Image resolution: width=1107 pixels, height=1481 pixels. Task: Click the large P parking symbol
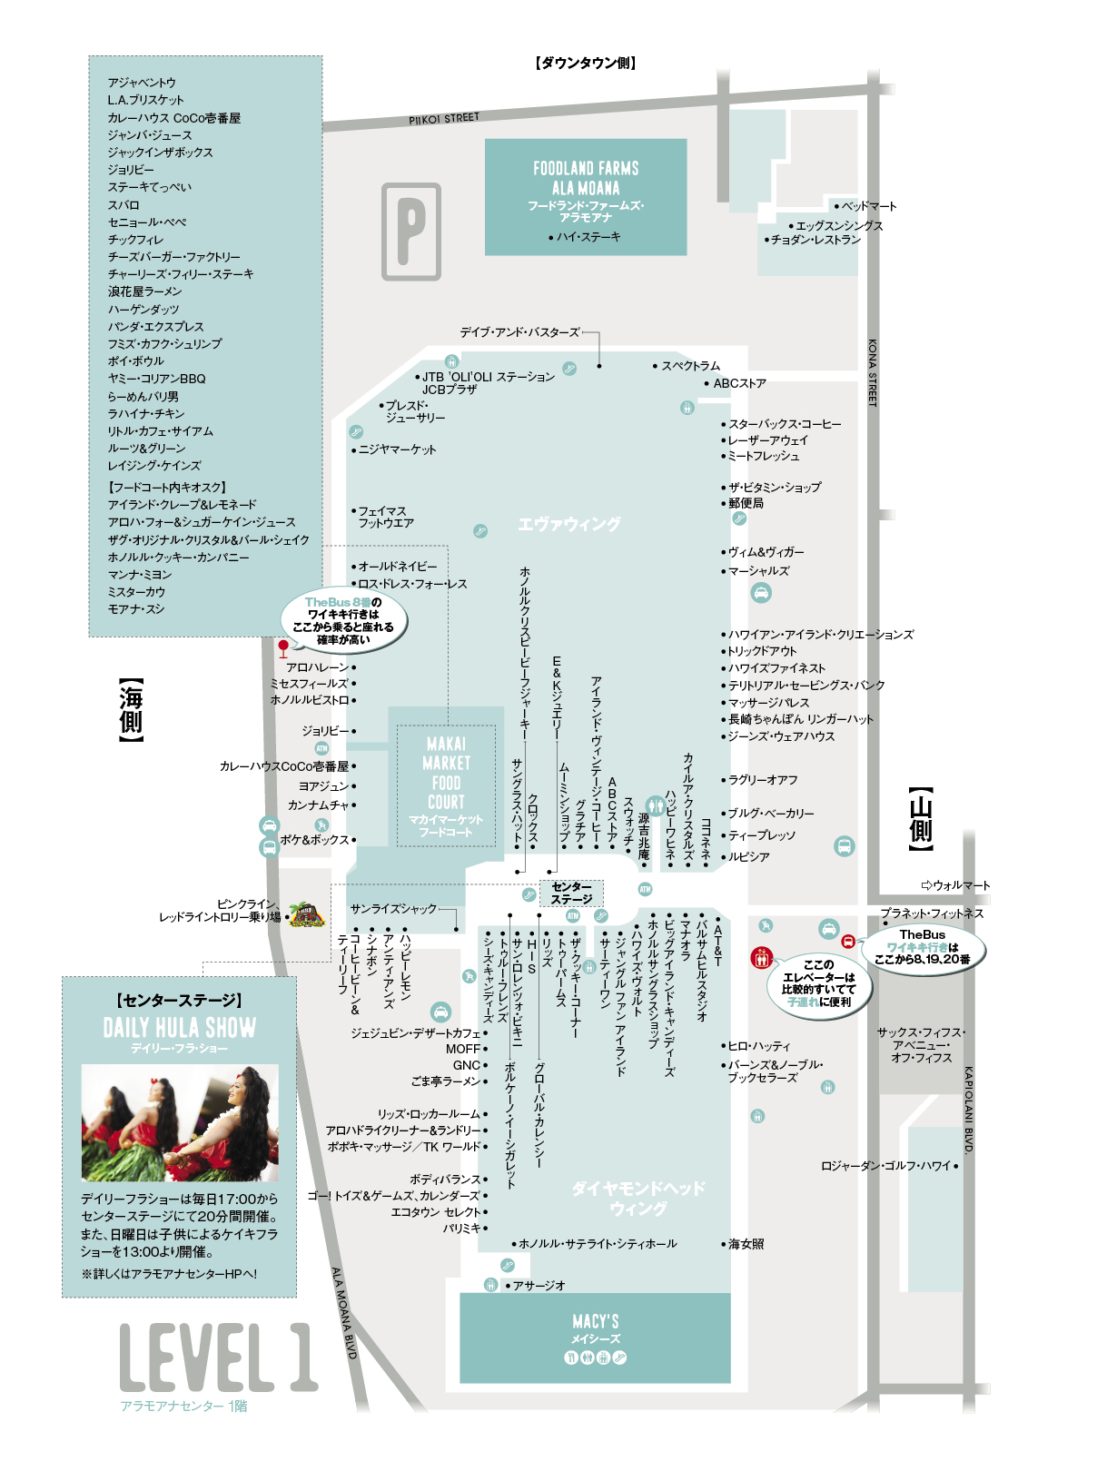pyautogui.click(x=410, y=232)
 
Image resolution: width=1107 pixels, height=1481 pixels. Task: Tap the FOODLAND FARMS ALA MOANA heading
pyautogui.click(x=586, y=177)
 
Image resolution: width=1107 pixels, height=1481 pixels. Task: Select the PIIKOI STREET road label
pyautogui.click(x=444, y=119)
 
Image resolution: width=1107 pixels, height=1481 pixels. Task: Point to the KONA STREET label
pyautogui.click(x=872, y=372)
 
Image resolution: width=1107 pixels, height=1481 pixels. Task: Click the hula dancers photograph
pyautogui.click(x=180, y=1122)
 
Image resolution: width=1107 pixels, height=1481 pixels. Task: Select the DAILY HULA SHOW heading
pyautogui.click(x=180, y=1027)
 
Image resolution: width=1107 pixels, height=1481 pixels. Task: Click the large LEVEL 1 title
pyautogui.click(x=219, y=1357)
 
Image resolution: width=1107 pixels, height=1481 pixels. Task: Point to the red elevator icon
pyautogui.click(x=761, y=957)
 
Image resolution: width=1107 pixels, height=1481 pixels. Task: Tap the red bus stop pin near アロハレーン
pyautogui.click(x=283, y=648)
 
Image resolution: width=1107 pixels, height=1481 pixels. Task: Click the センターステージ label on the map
pyautogui.click(x=570, y=894)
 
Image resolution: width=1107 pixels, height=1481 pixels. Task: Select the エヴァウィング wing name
pyautogui.click(x=568, y=524)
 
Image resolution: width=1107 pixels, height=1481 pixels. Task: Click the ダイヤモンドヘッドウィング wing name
pyautogui.click(x=638, y=1198)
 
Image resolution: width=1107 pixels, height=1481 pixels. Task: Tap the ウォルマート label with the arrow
pyautogui.click(x=955, y=884)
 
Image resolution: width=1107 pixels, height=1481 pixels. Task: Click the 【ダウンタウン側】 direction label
pyautogui.click(x=586, y=63)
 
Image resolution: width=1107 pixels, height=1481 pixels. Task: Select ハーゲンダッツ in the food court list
pyautogui.click(x=143, y=309)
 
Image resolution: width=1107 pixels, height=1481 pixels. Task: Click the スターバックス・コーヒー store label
pyautogui.click(x=785, y=424)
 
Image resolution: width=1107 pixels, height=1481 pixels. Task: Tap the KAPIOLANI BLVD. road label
pyautogui.click(x=968, y=1110)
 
